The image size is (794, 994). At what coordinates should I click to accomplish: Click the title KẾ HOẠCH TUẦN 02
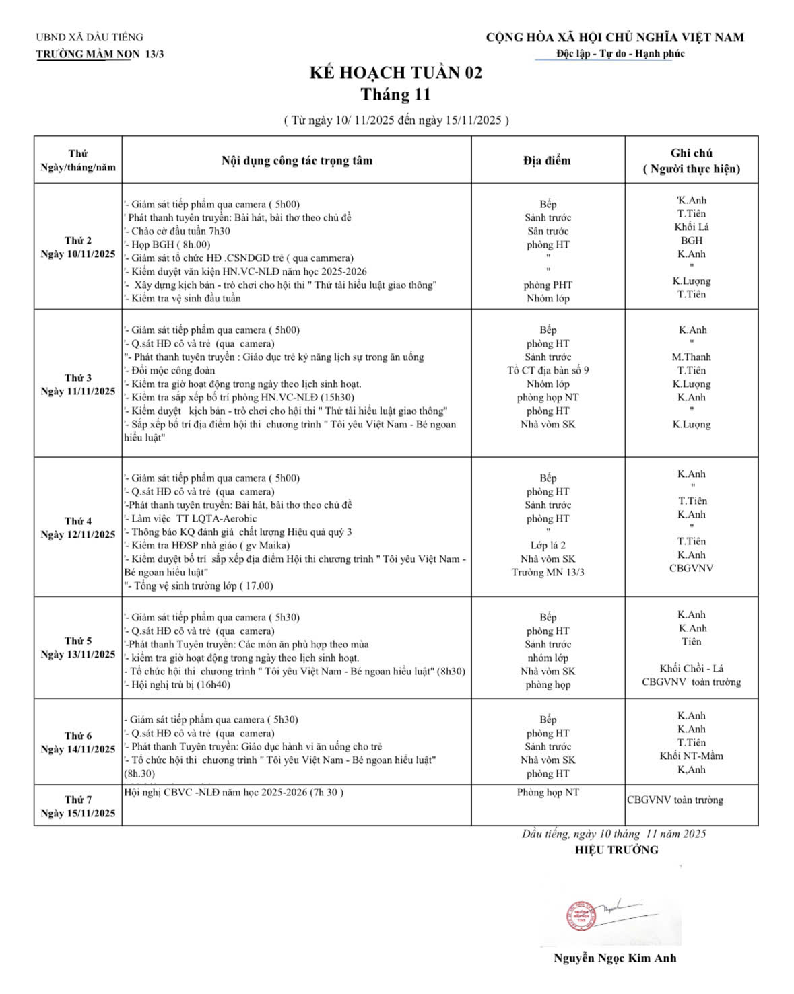tap(396, 73)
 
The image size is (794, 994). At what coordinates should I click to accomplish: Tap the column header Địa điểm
tap(547, 160)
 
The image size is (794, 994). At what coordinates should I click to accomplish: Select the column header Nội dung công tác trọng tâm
tap(296, 160)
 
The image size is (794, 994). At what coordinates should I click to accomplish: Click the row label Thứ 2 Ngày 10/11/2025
tap(78, 247)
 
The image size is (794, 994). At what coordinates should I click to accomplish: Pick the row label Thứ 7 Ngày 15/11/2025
tap(78, 806)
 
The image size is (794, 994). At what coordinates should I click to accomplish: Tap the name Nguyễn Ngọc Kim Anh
tap(615, 958)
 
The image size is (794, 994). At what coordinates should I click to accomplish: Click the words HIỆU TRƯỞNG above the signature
tap(616, 850)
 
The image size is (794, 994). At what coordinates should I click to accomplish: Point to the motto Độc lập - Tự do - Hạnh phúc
tap(620, 53)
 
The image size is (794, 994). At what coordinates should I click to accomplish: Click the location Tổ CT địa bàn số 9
tap(548, 370)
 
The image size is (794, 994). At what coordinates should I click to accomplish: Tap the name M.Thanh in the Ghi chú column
tap(692, 357)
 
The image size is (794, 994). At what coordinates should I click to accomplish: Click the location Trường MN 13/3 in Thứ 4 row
tap(548, 572)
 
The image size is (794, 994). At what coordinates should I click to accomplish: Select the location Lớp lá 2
tap(548, 545)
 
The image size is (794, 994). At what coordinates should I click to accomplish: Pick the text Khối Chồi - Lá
tap(692, 668)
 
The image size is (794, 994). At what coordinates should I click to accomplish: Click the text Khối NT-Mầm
tap(692, 756)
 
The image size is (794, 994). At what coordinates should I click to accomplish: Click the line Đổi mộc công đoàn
tap(173, 370)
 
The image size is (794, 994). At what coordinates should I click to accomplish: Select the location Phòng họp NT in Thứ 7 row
tap(548, 792)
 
